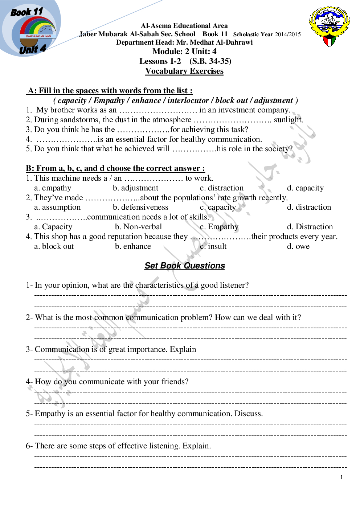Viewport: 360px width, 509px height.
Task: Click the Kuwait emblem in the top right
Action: (329, 26)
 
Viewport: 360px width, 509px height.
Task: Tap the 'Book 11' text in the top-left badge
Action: (27, 12)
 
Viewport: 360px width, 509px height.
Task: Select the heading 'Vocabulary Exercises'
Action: (184, 71)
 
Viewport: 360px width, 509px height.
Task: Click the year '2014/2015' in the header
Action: (288, 34)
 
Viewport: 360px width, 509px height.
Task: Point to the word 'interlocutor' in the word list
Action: (188, 100)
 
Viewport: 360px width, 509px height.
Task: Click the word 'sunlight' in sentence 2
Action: (288, 120)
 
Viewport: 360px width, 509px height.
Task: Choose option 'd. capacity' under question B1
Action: (305, 188)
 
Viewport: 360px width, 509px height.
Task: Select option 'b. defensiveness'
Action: (140, 207)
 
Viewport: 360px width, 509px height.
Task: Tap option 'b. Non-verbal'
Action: (138, 227)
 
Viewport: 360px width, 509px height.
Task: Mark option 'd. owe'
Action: (298, 246)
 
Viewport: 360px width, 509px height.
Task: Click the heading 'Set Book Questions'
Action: (184, 266)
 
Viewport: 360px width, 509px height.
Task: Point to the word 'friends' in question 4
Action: (175, 382)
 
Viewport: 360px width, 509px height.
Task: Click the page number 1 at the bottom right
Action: (341, 477)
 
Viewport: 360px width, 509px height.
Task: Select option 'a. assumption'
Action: (57, 207)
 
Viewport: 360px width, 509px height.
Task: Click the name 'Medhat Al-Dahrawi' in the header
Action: (221, 42)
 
